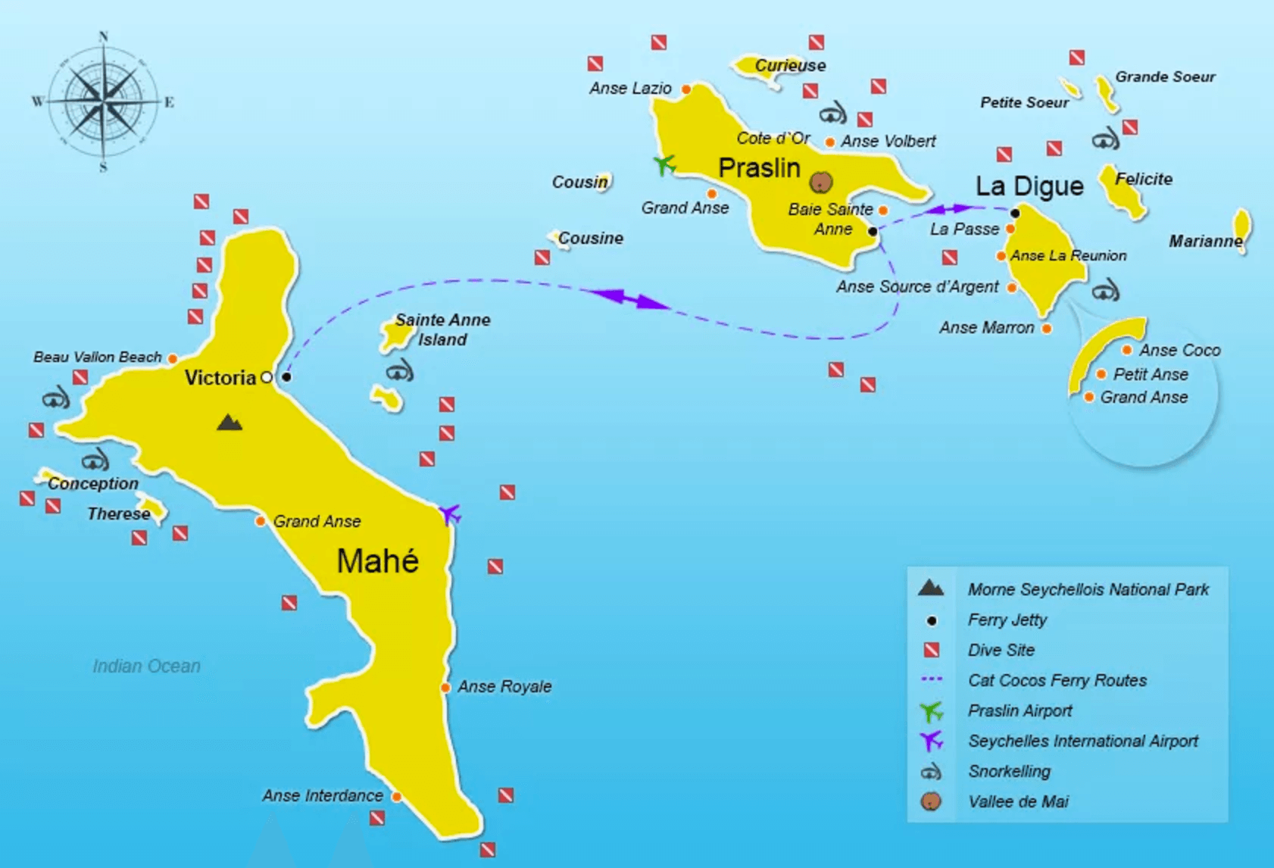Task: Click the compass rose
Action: (x=103, y=101)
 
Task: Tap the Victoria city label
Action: (x=220, y=377)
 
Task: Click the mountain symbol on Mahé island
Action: (x=230, y=423)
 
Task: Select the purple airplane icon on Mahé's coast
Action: (x=450, y=514)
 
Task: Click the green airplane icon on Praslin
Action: (x=664, y=164)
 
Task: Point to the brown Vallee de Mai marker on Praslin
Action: (x=821, y=182)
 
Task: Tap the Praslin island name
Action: (x=759, y=167)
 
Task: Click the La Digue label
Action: (x=1029, y=186)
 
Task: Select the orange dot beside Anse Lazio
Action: (x=686, y=89)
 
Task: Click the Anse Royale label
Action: (x=504, y=686)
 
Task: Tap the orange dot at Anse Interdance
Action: (x=396, y=796)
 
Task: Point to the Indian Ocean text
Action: (x=146, y=666)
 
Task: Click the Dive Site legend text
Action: (x=1001, y=650)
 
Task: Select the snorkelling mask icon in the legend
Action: (x=931, y=771)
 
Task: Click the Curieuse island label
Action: (x=790, y=65)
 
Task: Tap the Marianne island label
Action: (x=1205, y=241)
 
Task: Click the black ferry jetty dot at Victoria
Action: (x=286, y=376)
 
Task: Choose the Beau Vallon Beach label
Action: (x=98, y=357)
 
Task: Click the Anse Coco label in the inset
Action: (x=1179, y=350)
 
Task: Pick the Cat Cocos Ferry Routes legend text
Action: (x=1057, y=680)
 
